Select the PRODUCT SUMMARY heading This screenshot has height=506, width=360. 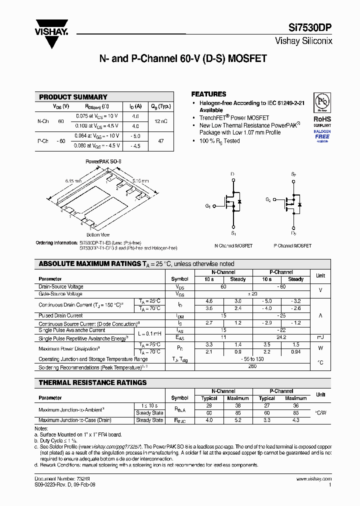click(x=73, y=97)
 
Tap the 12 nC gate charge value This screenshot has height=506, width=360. click(x=161, y=121)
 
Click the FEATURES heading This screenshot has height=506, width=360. click(x=208, y=94)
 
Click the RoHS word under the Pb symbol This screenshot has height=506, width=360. click(x=322, y=119)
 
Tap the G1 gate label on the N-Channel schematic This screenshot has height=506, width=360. click(x=208, y=206)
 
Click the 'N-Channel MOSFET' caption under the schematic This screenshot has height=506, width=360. click(x=233, y=246)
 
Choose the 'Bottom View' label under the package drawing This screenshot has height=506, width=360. click(x=98, y=234)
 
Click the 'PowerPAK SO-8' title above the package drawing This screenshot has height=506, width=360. click(x=103, y=161)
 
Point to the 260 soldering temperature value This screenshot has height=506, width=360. click(x=252, y=366)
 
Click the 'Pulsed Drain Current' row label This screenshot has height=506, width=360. click(x=60, y=316)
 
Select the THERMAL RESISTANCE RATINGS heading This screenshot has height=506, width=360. click(x=92, y=382)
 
